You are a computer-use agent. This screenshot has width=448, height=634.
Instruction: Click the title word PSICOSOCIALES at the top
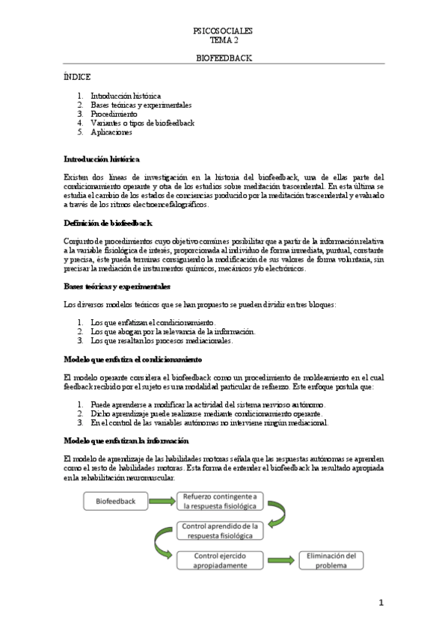coord(223,31)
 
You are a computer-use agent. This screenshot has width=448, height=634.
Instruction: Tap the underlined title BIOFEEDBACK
coord(223,57)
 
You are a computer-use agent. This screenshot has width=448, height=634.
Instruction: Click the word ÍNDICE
coord(77,77)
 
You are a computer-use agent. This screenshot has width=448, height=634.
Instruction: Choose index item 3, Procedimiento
coord(114,114)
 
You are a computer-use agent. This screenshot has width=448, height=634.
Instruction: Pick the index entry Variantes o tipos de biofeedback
coord(142,123)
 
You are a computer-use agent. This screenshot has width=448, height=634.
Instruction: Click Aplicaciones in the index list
coord(111,132)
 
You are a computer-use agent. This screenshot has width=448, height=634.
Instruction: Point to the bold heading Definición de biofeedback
coord(108,224)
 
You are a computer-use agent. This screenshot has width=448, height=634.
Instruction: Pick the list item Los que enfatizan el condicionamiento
coord(152,323)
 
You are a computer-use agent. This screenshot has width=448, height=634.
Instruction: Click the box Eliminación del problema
coord(331,560)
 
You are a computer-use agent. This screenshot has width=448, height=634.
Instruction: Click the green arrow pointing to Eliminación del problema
coord(279,560)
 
